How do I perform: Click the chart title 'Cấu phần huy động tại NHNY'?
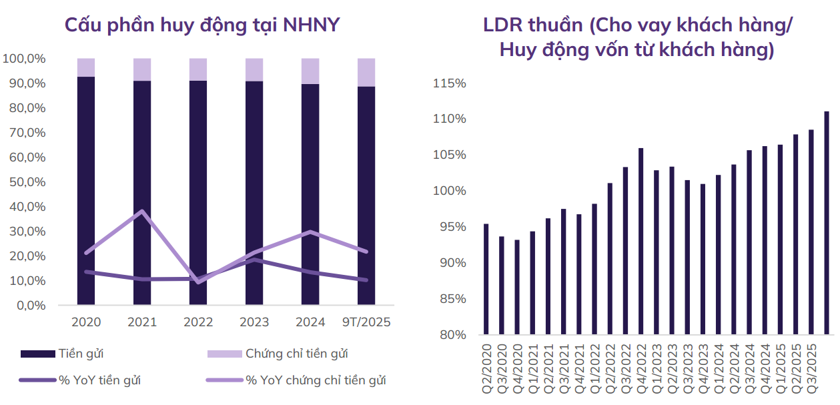(201, 25)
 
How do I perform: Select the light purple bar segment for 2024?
(310, 71)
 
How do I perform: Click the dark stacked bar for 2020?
(86, 193)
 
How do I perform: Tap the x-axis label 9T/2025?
(366, 322)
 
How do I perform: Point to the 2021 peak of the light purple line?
(142, 212)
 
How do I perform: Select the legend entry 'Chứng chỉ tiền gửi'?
(296, 354)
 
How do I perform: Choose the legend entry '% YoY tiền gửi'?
(99, 380)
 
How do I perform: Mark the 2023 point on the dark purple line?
(254, 260)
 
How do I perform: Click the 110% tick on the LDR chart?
(449, 119)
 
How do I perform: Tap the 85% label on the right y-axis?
(452, 299)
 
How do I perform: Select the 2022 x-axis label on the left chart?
(198, 322)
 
